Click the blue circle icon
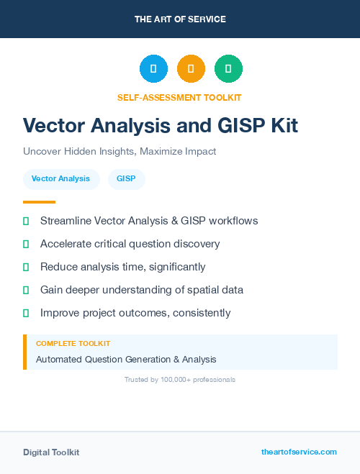point(153,68)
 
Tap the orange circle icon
point(191,68)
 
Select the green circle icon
point(228,68)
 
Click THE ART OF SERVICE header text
point(180,19)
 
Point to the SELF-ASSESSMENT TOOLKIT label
point(179,97)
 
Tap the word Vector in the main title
point(54,126)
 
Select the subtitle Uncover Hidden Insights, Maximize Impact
point(120,152)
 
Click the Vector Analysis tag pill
point(60,178)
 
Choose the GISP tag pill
point(126,178)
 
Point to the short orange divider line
point(39,202)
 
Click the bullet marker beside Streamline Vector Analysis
point(26,221)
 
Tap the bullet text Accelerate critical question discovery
point(130,244)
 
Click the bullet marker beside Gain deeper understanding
point(26,290)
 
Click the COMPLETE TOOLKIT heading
point(73,344)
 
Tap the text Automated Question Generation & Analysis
point(126,359)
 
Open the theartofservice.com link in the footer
point(299,452)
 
